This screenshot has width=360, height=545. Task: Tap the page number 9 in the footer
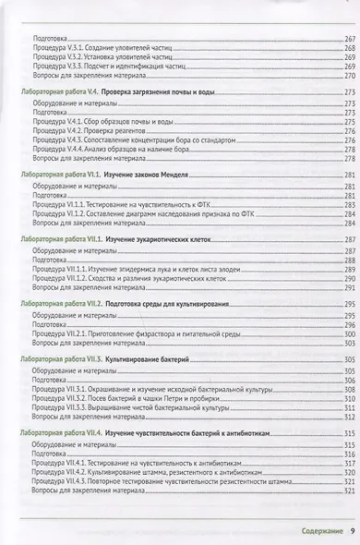[x=352, y=529]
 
